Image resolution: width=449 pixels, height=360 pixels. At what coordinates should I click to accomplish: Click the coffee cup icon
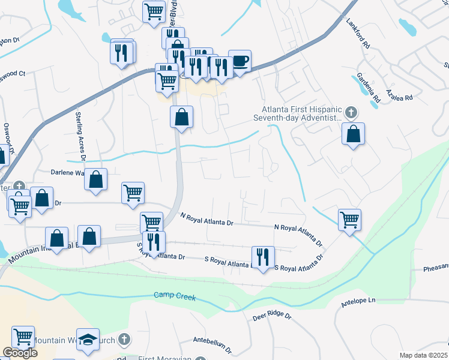tap(240, 61)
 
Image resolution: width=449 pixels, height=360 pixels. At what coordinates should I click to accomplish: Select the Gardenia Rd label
tap(369, 86)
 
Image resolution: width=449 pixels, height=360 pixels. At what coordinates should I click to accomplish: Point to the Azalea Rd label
tap(400, 97)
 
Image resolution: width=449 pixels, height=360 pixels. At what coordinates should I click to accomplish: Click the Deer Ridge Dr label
tap(271, 316)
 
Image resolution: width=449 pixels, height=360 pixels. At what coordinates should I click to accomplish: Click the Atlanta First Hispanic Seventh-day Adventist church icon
tap(352, 112)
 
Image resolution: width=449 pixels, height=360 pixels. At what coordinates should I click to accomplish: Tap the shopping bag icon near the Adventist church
tap(354, 134)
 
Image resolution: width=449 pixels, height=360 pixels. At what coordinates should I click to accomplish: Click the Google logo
tap(20, 353)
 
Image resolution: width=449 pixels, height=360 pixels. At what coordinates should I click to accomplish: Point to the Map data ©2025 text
tap(424, 355)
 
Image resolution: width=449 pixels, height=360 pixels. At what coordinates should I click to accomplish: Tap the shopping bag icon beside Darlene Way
tap(95, 179)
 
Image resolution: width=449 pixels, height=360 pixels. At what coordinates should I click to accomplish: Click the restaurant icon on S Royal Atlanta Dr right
tap(262, 257)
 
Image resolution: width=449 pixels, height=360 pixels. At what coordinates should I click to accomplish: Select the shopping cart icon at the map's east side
tap(349, 219)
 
